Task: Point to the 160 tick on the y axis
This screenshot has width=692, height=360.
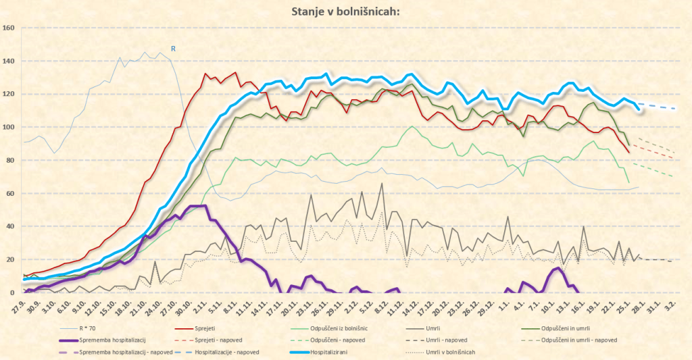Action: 9,28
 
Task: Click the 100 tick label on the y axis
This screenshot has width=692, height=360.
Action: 9,128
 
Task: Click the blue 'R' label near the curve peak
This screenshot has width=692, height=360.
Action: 173,49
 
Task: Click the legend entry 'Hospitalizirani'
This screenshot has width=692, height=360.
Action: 336,352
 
